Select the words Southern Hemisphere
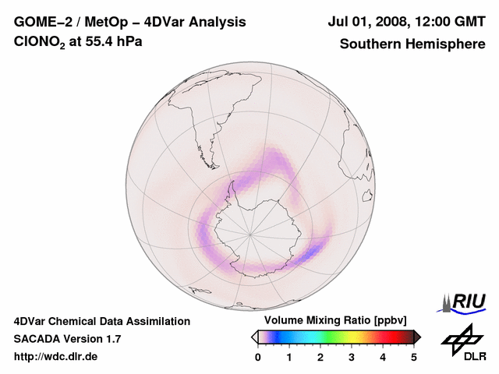tap(412, 44)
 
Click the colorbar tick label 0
tap(258, 357)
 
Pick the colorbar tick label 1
tap(289, 357)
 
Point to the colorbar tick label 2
tap(320, 357)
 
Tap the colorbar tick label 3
tap(352, 357)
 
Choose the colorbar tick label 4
tap(383, 357)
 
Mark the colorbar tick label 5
tap(414, 357)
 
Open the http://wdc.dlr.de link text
tap(56, 357)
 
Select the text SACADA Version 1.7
tap(67, 339)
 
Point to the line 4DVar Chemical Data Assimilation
tap(101, 321)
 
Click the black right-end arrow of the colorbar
tap(417, 337)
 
